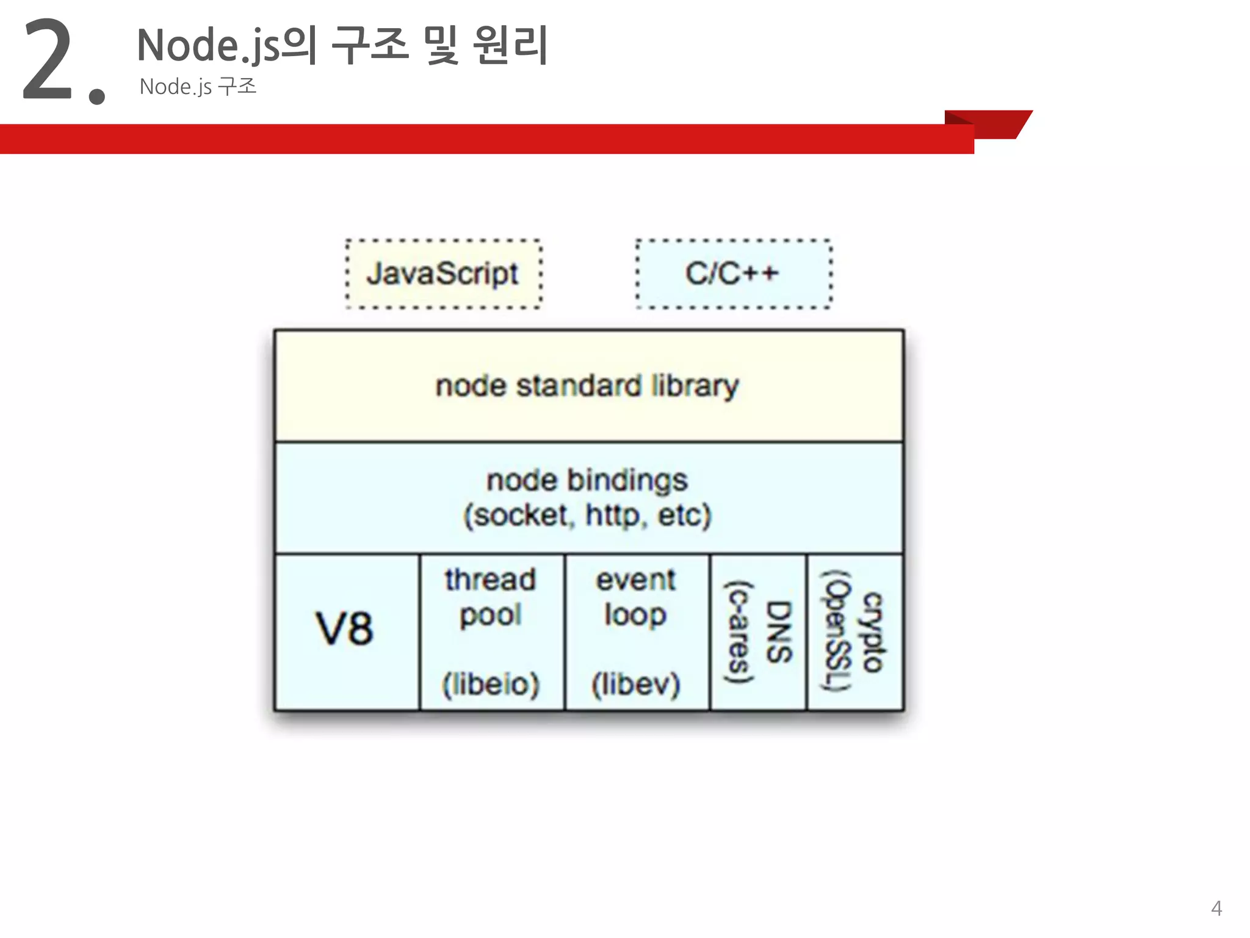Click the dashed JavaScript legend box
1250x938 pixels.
(x=443, y=274)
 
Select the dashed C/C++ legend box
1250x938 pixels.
(x=733, y=274)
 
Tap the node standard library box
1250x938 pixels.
(x=588, y=386)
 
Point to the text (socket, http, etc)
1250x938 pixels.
(x=588, y=515)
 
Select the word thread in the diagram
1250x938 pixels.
(x=490, y=580)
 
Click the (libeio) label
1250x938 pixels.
(x=491, y=684)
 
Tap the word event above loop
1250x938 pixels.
(x=635, y=580)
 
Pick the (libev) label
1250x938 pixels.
(x=635, y=684)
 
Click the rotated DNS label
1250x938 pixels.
(x=779, y=632)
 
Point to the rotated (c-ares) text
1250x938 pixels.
(x=739, y=632)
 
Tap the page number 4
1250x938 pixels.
(x=1216, y=908)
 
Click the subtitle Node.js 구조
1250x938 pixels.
(x=198, y=87)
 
